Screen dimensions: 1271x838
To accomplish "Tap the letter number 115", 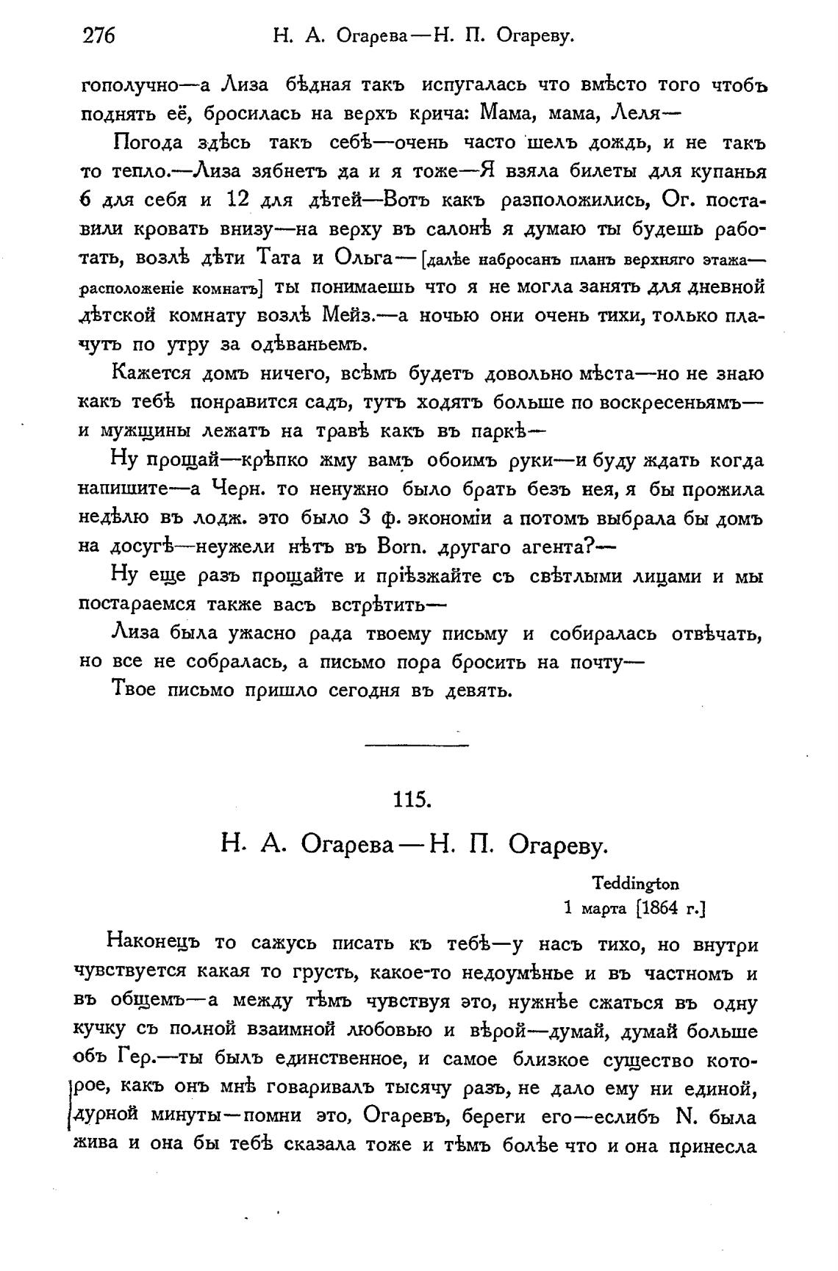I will coord(412,799).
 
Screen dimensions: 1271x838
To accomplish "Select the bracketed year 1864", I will coord(659,909).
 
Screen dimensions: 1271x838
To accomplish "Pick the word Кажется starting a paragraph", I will coord(151,373).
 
